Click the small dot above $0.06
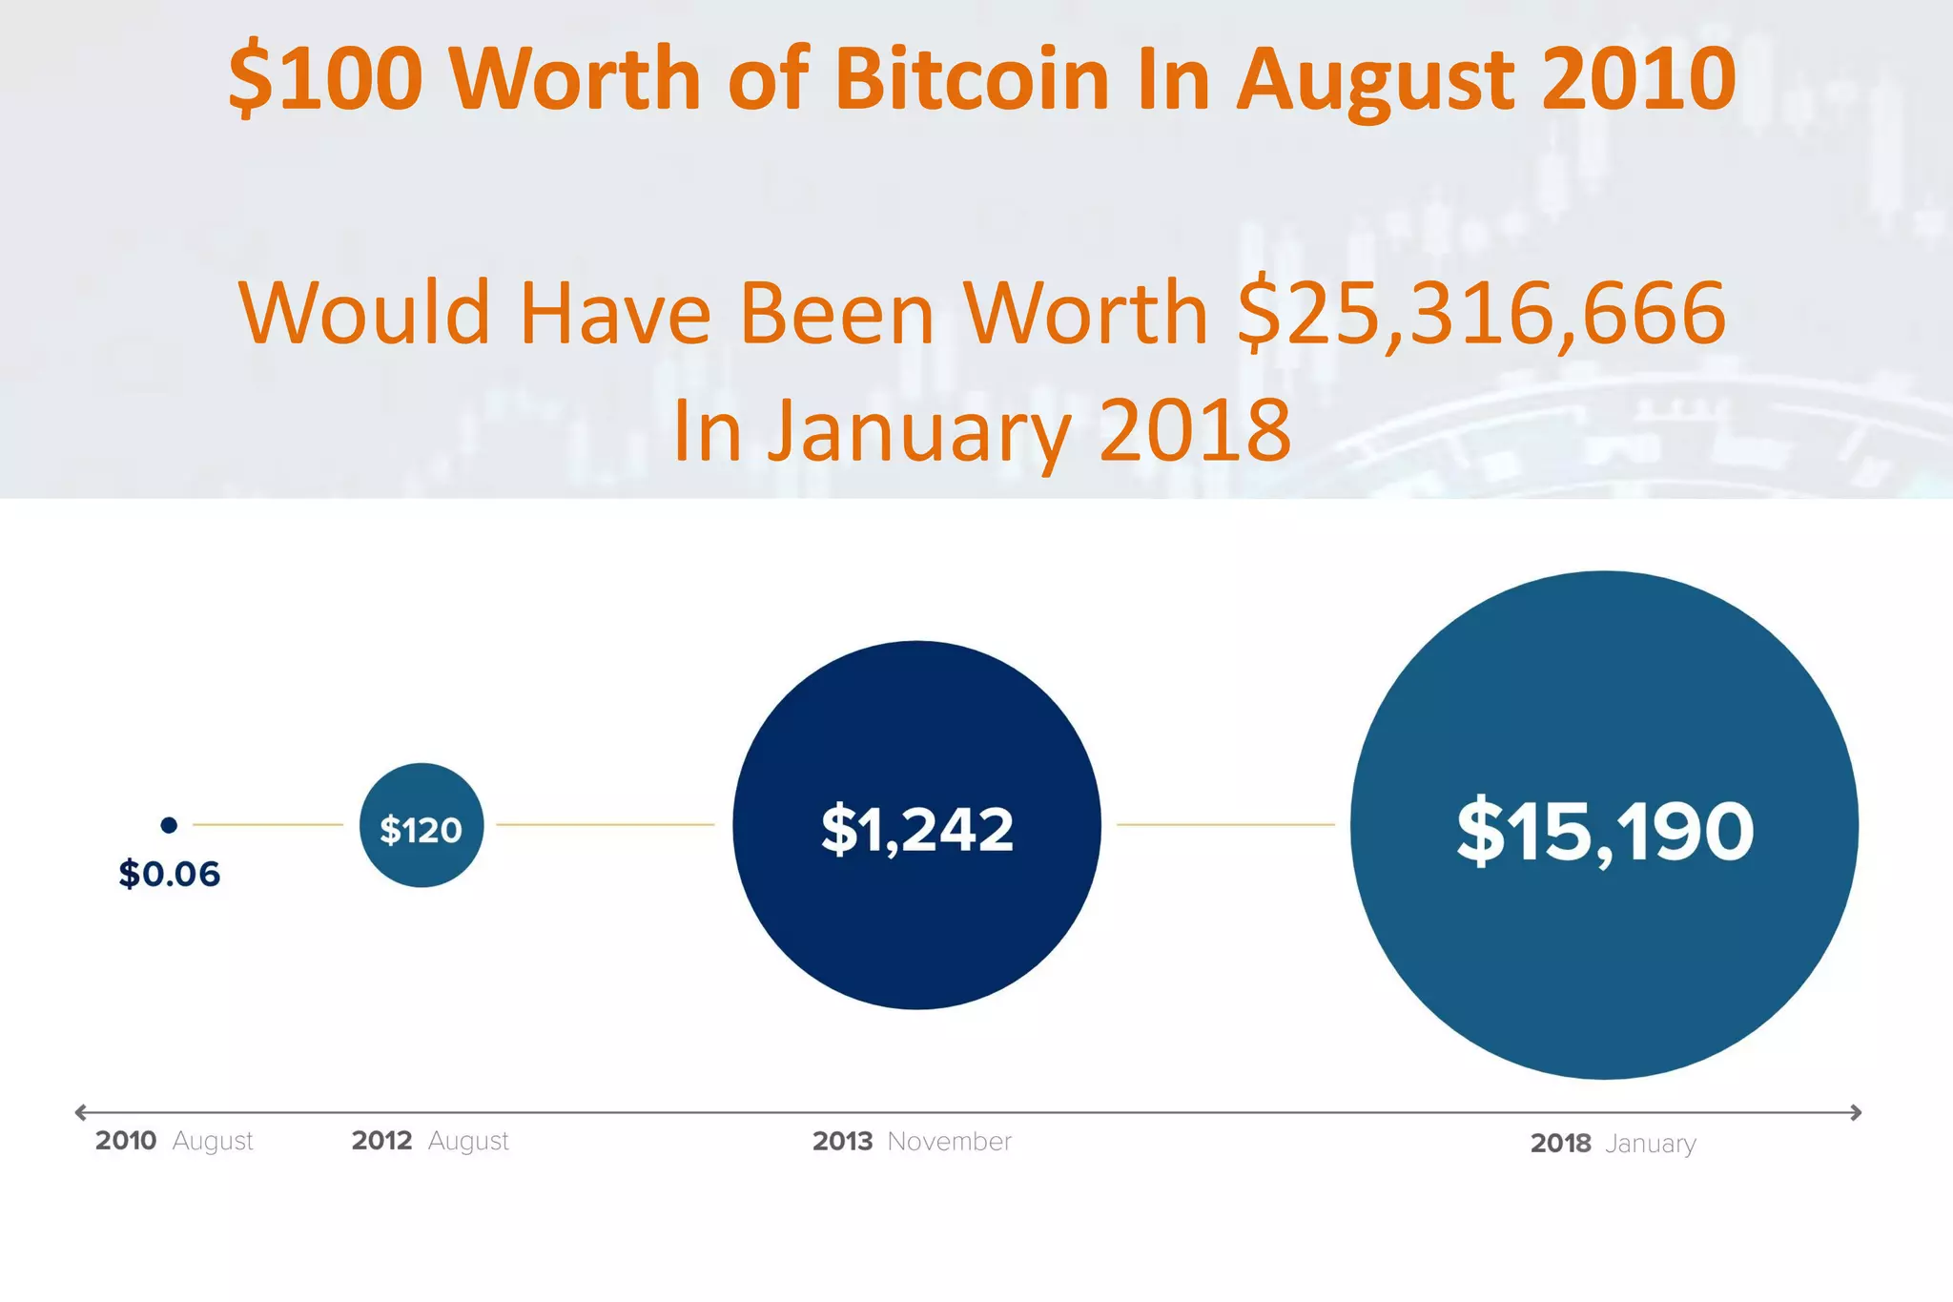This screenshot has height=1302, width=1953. [169, 825]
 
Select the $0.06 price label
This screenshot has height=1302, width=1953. [169, 874]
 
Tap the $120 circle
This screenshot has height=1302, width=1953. [421, 826]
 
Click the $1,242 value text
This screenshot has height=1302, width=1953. [916, 829]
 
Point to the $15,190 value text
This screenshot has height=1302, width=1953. [1605, 832]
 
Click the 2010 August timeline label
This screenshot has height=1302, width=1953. [174, 1141]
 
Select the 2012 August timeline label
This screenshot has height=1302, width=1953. [430, 1141]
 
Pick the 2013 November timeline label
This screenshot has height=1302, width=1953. [912, 1142]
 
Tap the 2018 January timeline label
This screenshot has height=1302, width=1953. [1613, 1144]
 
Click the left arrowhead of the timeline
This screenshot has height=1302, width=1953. [81, 1112]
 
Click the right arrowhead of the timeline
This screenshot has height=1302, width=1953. [1856, 1112]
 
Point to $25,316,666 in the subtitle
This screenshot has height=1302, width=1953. [1481, 313]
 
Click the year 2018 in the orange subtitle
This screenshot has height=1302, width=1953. [1195, 430]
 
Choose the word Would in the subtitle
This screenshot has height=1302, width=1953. [364, 313]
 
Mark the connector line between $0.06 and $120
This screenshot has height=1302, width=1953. [268, 824]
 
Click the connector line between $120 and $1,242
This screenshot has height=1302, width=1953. [605, 824]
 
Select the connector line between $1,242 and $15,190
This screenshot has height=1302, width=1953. [1225, 824]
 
